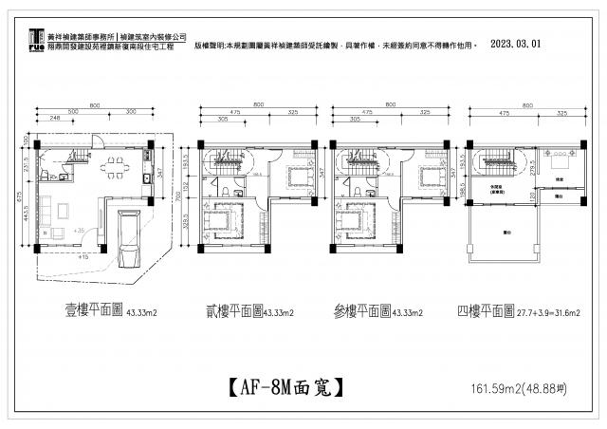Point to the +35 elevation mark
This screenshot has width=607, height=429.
tap(79, 230)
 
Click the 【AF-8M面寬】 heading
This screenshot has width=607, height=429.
tap(285, 387)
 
